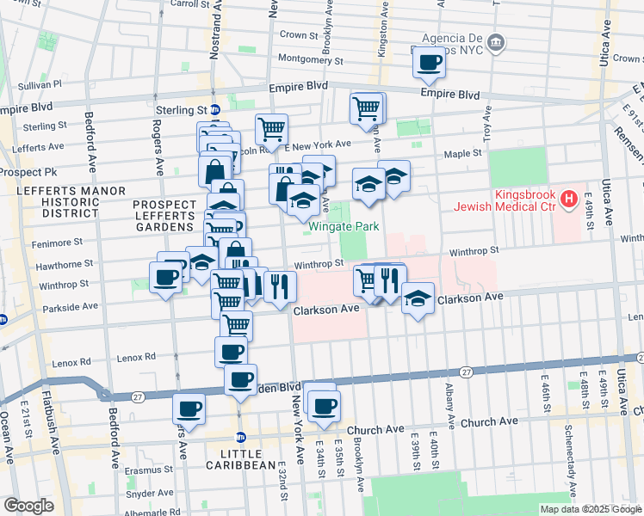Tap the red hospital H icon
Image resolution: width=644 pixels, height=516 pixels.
[568, 200]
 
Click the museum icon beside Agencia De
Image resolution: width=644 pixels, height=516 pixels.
[496, 42]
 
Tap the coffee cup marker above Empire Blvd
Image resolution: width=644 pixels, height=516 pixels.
[429, 61]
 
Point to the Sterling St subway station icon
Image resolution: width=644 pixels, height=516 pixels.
[215, 110]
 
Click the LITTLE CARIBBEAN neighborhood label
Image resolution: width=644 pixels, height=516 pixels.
[241, 458]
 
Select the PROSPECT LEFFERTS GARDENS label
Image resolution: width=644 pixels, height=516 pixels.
[163, 215]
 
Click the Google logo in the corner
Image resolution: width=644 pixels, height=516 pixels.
[28, 505]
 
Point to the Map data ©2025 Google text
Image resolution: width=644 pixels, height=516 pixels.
[590, 509]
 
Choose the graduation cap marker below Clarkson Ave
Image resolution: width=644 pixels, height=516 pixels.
[418, 299]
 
